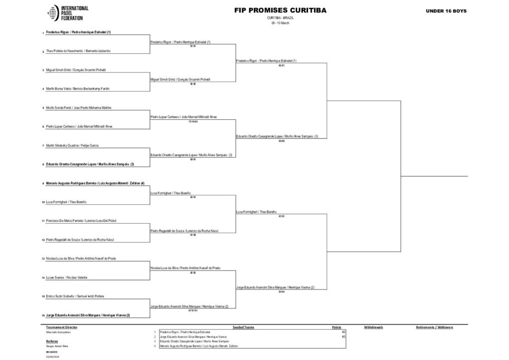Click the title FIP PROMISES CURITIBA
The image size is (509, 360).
pyautogui.click(x=280, y=10)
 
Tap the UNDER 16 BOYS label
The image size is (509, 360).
pyautogui.click(x=446, y=11)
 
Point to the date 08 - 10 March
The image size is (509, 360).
pyautogui.click(x=280, y=23)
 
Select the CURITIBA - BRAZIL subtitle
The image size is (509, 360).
pyautogui.click(x=280, y=18)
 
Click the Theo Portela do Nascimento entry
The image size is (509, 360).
pyautogui.click(x=78, y=51)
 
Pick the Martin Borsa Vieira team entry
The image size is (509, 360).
pyautogui.click(x=78, y=89)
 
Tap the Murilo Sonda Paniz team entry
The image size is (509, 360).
pyautogui.click(x=79, y=107)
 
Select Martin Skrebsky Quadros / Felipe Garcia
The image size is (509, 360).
pyautogui.click(x=72, y=145)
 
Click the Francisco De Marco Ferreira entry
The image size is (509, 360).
pyautogui.click(x=81, y=220)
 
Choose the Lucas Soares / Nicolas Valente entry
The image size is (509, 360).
pyautogui.click(x=69, y=277)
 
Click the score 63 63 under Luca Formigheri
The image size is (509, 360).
pyautogui.click(x=281, y=216)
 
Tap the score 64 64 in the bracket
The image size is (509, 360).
pyautogui.click(x=281, y=292)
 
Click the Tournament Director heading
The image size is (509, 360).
pyautogui.click(x=62, y=327)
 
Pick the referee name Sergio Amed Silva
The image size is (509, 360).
pyautogui.click(x=57, y=346)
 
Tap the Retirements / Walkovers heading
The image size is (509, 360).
pyautogui.click(x=434, y=327)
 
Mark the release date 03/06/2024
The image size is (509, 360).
pyautogui.click(x=52, y=357)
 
